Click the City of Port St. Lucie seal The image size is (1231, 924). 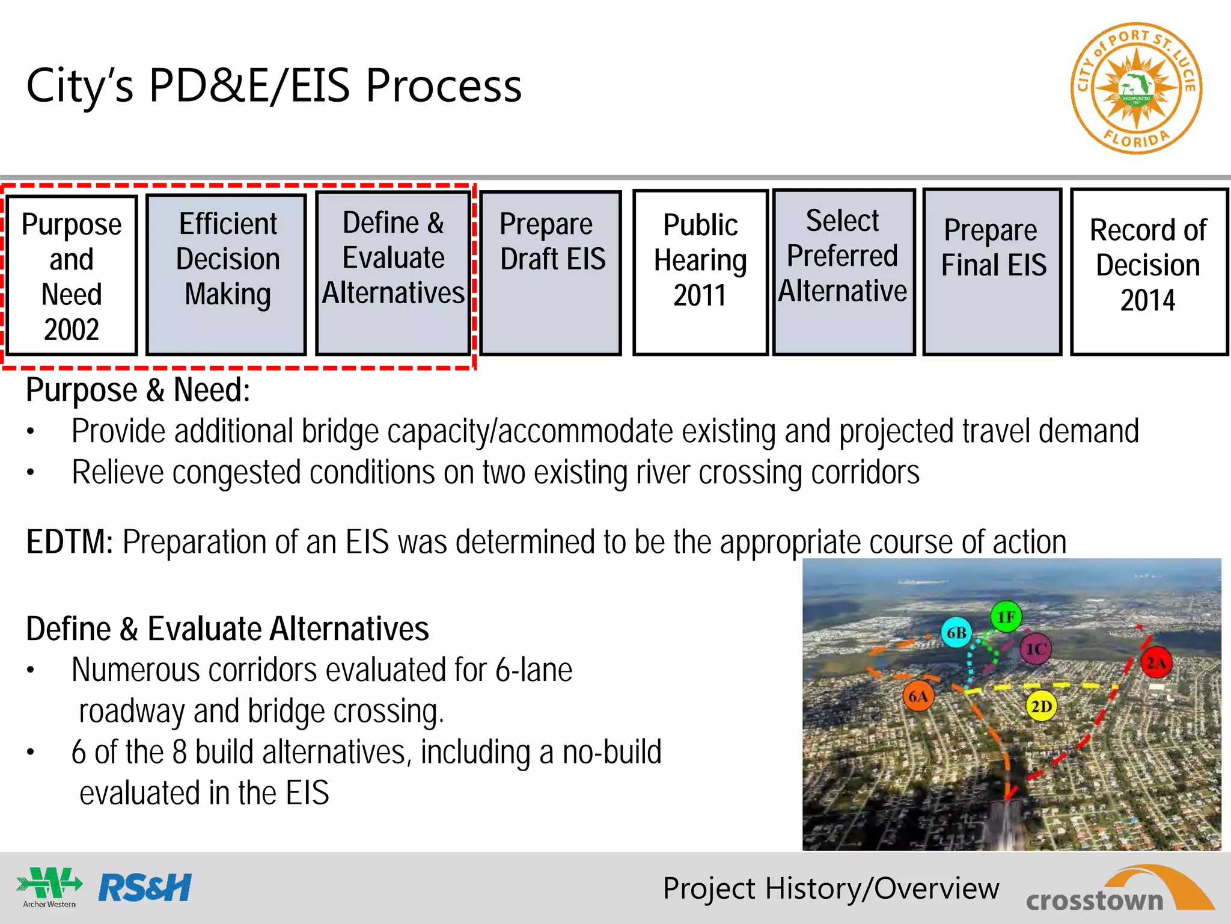pyautogui.click(x=1136, y=89)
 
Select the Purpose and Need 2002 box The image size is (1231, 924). pyautogui.click(x=72, y=276)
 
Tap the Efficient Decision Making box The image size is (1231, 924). pyautogui.click(x=227, y=274)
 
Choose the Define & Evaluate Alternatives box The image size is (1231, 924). pyautogui.click(x=393, y=273)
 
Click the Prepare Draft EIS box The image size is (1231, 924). pyautogui.click(x=551, y=273)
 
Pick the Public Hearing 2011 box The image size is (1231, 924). pyautogui.click(x=700, y=273)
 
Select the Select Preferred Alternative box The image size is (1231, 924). pyautogui.click(x=843, y=272)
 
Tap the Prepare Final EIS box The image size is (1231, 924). pyautogui.click(x=992, y=272)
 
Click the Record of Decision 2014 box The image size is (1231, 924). pyautogui.click(x=1149, y=272)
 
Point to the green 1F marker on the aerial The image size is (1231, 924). pyautogui.click(x=1006, y=617)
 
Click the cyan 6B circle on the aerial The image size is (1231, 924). pyautogui.click(x=956, y=633)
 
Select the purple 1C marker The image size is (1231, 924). pyautogui.click(x=1036, y=649)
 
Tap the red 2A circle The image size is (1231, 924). pyautogui.click(x=1156, y=663)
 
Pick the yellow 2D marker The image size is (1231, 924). pyautogui.click(x=1041, y=706)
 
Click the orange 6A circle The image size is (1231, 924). pyautogui.click(x=918, y=697)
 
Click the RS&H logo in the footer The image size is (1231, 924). pyautogui.click(x=145, y=888)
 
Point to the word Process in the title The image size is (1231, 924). pyautogui.click(x=444, y=86)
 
